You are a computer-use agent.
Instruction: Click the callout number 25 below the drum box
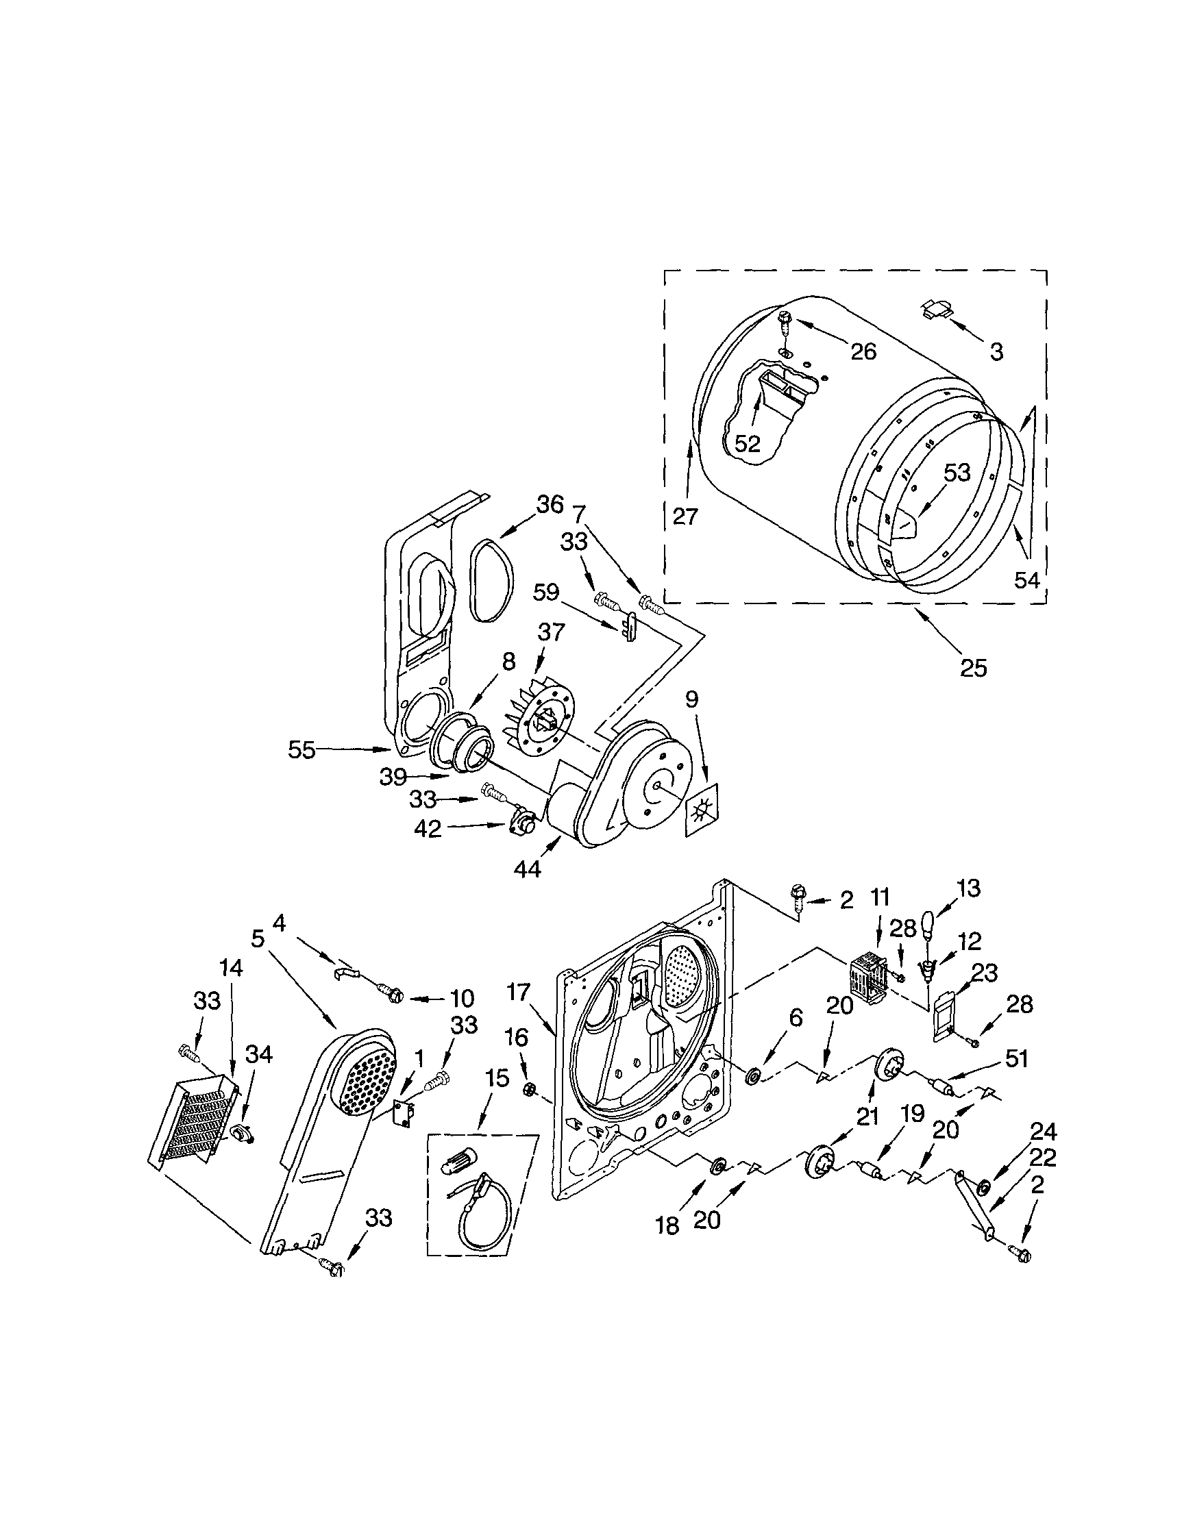coord(974,668)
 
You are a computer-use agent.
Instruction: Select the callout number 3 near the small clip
coord(996,351)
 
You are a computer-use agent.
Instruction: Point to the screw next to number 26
coord(786,323)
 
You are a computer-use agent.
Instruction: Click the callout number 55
coord(302,749)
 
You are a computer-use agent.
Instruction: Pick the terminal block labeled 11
coord(870,977)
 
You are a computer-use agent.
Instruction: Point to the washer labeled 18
coord(719,1166)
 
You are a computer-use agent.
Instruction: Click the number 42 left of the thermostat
coord(428,829)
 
